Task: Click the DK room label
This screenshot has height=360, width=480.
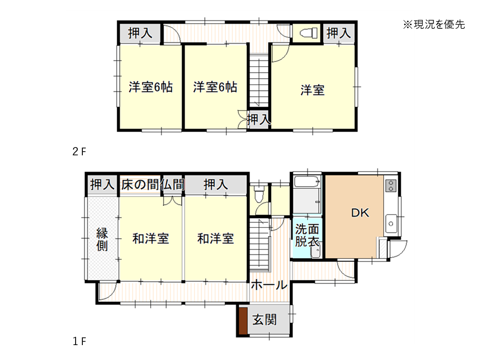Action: (360, 213)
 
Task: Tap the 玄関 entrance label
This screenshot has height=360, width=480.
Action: (264, 320)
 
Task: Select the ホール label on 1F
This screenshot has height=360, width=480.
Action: (269, 285)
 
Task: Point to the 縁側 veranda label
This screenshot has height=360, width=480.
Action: (102, 239)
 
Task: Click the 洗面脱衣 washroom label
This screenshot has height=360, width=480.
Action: (307, 235)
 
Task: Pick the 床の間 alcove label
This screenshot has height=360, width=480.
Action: (140, 185)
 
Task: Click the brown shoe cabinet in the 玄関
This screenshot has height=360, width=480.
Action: (243, 321)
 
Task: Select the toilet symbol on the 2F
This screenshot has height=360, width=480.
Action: (309, 33)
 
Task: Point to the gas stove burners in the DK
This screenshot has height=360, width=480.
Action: (391, 186)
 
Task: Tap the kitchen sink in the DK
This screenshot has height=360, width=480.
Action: (391, 224)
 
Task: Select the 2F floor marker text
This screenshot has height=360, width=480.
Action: (79, 151)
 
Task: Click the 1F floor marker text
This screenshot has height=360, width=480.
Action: (79, 341)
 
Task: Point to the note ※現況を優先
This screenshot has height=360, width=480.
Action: (434, 25)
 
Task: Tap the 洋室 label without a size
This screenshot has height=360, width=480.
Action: (312, 91)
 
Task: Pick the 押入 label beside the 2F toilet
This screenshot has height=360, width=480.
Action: (339, 33)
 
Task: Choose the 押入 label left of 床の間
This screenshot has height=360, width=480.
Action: (102, 185)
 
